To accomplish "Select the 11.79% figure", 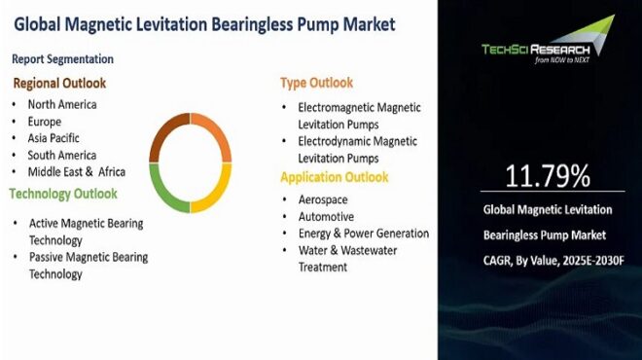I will click(548, 176).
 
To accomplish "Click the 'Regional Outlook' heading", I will click(59, 83).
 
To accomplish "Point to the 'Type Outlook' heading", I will click(316, 83).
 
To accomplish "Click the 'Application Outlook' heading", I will click(334, 177).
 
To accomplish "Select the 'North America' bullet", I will click(62, 105).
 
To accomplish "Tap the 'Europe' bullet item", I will click(45, 122).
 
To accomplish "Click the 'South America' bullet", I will click(61, 155).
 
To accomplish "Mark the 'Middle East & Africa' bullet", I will click(75, 171).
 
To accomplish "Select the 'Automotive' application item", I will click(326, 216).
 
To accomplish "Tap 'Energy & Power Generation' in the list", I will click(363, 234).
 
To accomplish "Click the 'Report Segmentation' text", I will click(63, 59).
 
